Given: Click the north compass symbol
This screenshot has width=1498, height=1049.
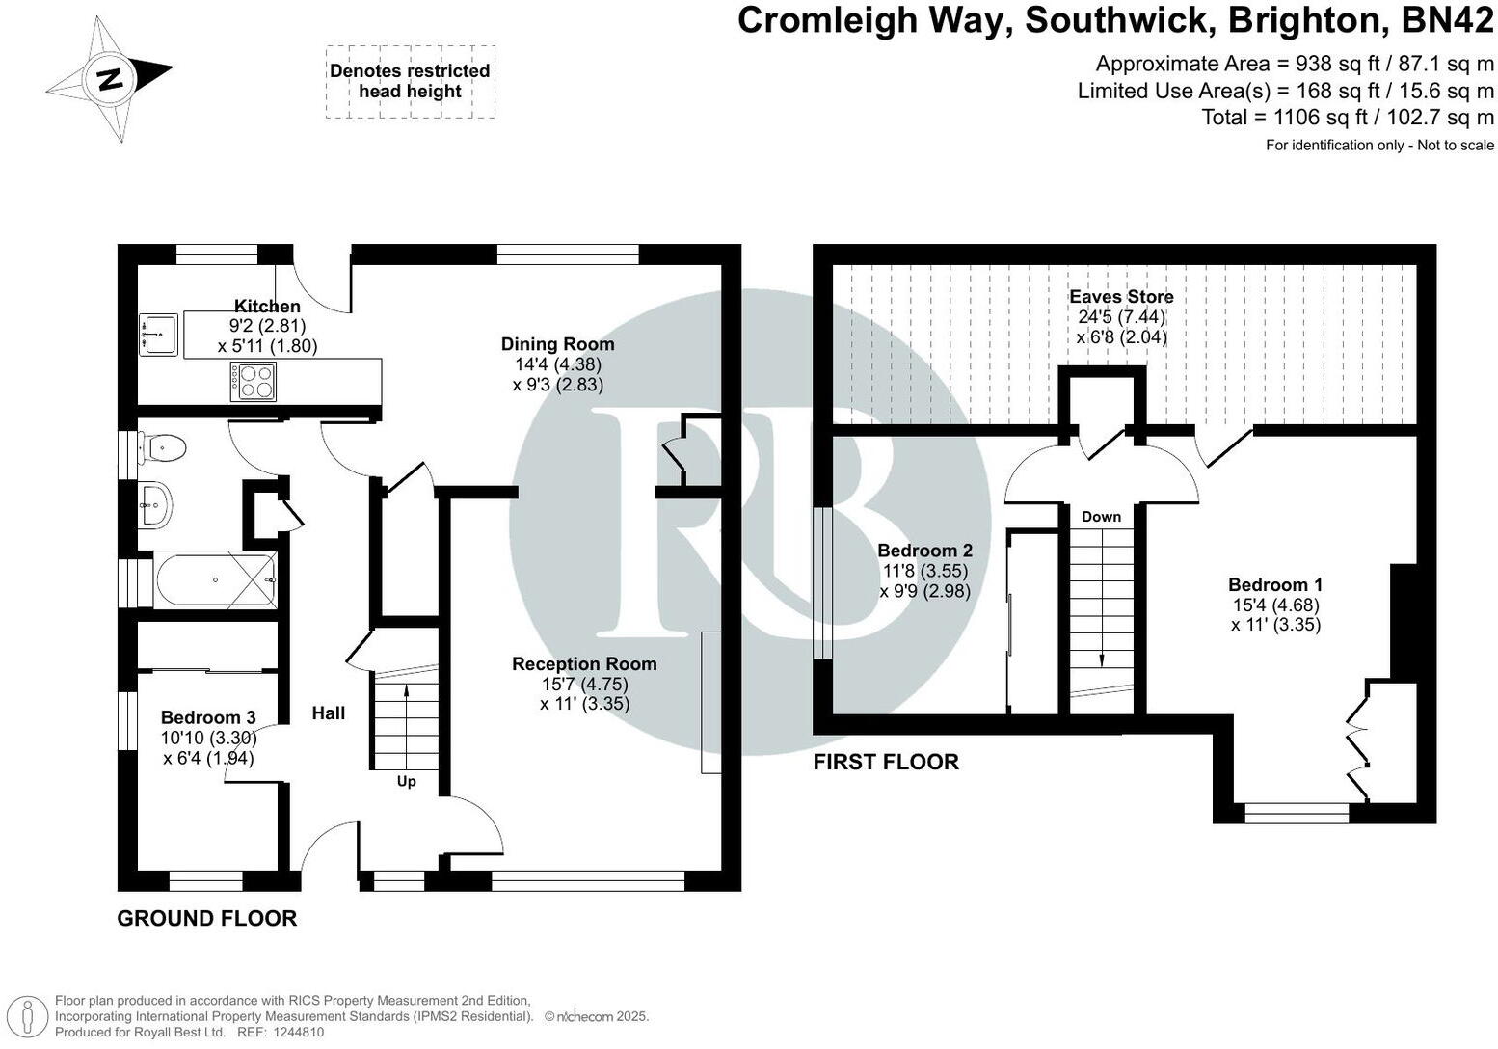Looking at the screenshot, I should [110, 79].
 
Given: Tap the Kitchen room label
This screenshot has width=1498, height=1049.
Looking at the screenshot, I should [267, 307].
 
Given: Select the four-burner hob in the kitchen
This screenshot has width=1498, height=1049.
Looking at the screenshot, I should [254, 381].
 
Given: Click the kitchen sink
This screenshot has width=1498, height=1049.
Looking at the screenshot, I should [158, 335].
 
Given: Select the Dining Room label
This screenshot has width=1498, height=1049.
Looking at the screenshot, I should [557, 344].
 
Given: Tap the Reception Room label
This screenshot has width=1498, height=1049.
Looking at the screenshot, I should [584, 663].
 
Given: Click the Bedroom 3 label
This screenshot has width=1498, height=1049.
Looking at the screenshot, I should [208, 717].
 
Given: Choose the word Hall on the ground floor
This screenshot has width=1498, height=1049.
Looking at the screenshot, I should [329, 713].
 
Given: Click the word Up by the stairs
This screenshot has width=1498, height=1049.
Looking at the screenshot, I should [407, 781].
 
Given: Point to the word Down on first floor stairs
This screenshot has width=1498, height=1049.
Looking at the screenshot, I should [1101, 517].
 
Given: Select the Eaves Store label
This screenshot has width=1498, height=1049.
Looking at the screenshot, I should [1121, 297].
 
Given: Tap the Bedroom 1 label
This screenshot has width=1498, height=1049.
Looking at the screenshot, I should [1274, 584].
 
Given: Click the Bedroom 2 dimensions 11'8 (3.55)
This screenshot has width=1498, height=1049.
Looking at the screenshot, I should [924, 571].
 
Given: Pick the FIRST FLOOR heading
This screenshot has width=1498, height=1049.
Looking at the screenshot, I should [886, 762].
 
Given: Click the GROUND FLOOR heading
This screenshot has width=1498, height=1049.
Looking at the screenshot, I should [206, 918].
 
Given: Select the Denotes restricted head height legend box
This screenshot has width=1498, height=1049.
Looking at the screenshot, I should [410, 82].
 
